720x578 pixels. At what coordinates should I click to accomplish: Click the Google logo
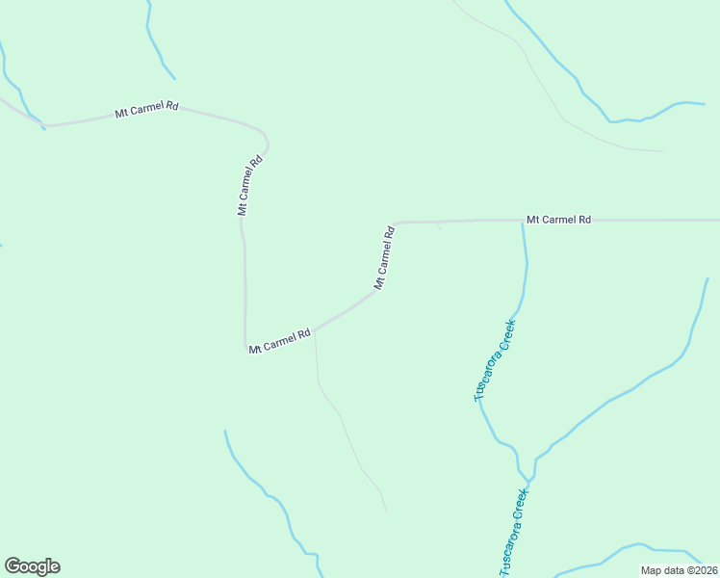32,566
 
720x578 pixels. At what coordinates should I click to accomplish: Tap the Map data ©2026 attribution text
680,570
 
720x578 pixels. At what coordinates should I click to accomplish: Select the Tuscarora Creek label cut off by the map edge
514,534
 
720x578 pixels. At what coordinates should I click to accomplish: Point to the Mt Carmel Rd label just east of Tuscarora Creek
558,220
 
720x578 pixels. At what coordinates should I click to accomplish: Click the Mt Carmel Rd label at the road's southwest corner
279,341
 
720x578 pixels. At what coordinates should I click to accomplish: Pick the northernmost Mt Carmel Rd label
146,111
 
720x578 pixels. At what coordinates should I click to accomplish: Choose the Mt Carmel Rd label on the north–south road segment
249,185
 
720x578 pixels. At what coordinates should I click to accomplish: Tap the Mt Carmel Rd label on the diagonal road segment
384,258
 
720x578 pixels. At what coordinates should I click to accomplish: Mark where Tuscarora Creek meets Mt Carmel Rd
524,222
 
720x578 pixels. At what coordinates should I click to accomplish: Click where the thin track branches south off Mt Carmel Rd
315,330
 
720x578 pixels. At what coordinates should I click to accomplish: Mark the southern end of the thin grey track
385,510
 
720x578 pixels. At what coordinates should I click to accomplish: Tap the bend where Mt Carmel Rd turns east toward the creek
396,224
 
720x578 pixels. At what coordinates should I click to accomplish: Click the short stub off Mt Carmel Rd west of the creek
439,226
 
